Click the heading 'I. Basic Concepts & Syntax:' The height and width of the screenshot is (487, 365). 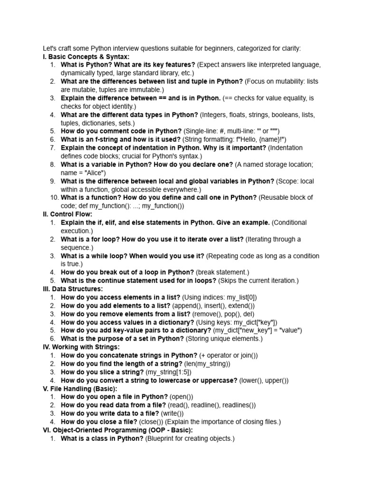[86, 57]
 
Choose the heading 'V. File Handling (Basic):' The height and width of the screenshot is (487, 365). [78, 389]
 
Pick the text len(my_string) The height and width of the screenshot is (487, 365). [206, 364]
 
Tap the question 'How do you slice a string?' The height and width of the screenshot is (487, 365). [102, 372]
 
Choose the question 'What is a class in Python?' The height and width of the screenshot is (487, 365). [102, 438]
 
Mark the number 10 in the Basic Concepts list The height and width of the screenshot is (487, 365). [54, 197]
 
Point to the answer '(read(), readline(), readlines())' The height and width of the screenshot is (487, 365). [212, 405]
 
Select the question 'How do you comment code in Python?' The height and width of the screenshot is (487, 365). [121, 131]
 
